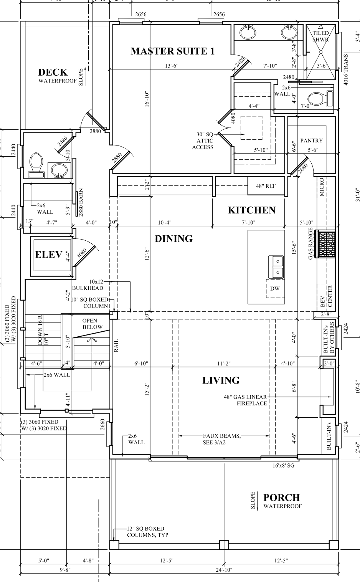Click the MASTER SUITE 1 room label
173,51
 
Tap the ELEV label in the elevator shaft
49,255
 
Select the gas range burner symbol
325,244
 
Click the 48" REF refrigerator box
266,186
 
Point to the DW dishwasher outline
275,288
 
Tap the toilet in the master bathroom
320,99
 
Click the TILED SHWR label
320,36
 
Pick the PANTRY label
311,141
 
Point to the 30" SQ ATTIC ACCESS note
203,141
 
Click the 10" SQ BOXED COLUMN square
114,316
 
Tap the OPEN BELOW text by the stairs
92,324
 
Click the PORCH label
282,497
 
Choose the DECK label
53,72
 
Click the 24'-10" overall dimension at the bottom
224,570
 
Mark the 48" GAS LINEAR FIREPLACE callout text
246,400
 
